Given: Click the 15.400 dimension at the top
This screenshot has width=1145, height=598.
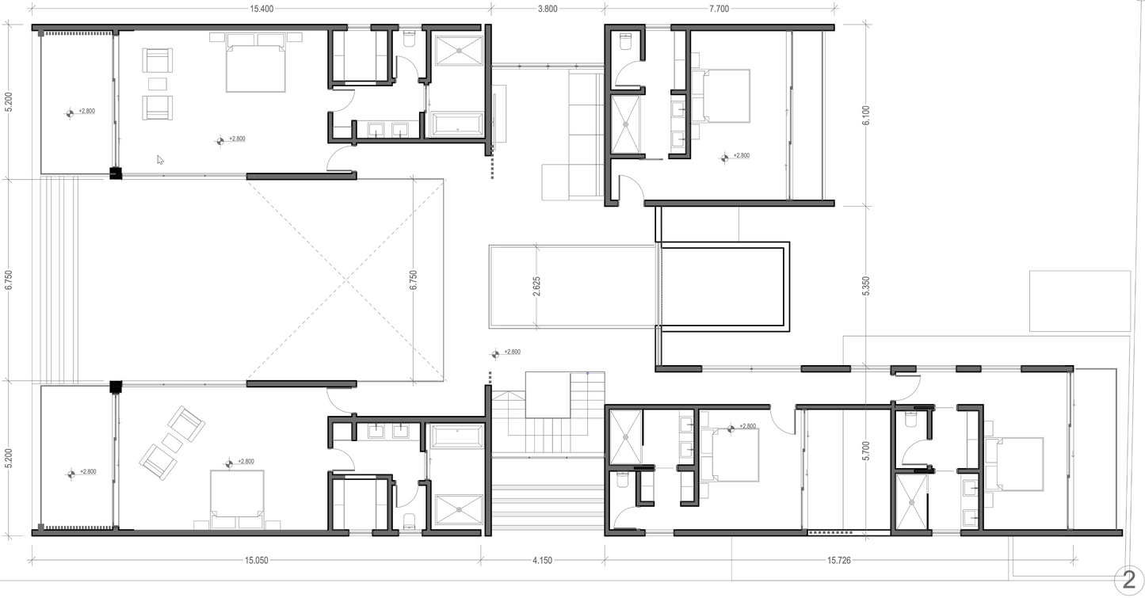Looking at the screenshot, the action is (261, 9).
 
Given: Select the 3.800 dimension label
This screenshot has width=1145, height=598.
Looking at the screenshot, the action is (548, 9).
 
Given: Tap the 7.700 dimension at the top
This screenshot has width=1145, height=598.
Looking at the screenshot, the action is (719, 9).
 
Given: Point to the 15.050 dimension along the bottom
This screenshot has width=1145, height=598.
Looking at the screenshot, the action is (256, 560).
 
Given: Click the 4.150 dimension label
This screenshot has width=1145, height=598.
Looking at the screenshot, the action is (542, 560).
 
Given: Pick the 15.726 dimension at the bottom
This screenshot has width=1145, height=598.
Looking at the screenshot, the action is (839, 560).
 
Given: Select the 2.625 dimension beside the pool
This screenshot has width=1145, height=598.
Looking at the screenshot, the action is (536, 286).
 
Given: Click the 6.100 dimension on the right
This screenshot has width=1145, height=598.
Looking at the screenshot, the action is (865, 116).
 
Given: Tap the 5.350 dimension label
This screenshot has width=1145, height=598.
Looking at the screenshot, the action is (865, 286).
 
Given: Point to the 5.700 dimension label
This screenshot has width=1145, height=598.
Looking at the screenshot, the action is (865, 451).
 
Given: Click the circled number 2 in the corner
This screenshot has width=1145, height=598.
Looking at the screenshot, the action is (1128, 580).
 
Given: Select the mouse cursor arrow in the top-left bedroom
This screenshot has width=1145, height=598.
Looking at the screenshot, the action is (160, 160).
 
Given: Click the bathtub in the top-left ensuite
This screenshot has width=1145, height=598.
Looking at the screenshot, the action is (457, 125).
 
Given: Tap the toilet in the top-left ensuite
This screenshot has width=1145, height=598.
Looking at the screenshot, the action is (410, 39).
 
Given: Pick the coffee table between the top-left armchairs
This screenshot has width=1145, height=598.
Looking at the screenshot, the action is (158, 84).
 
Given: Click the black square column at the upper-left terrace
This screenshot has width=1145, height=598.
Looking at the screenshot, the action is (116, 173).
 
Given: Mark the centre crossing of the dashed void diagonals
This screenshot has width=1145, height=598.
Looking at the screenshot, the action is (346, 280).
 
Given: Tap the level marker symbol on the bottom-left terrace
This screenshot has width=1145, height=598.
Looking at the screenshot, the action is (71, 474).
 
